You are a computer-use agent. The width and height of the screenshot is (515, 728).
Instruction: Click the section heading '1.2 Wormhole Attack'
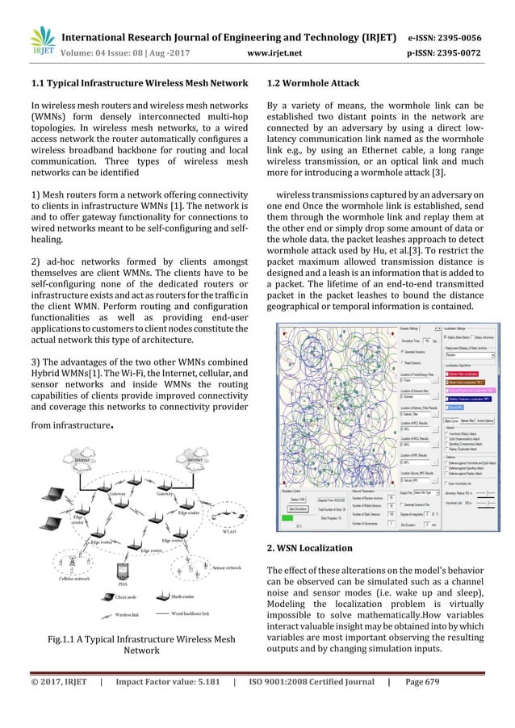coord(314,83)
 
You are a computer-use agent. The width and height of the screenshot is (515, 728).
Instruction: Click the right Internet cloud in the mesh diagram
coord(194,461)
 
